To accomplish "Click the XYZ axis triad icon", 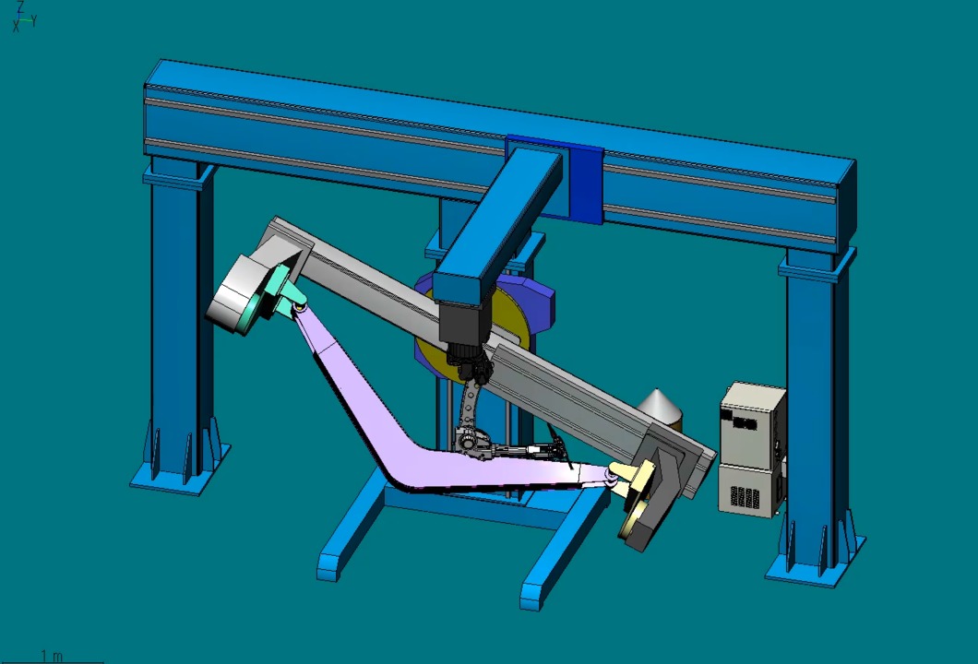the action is click(x=24, y=18).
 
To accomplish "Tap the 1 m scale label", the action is click(x=52, y=656).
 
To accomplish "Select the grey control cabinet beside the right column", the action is click(x=752, y=449).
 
